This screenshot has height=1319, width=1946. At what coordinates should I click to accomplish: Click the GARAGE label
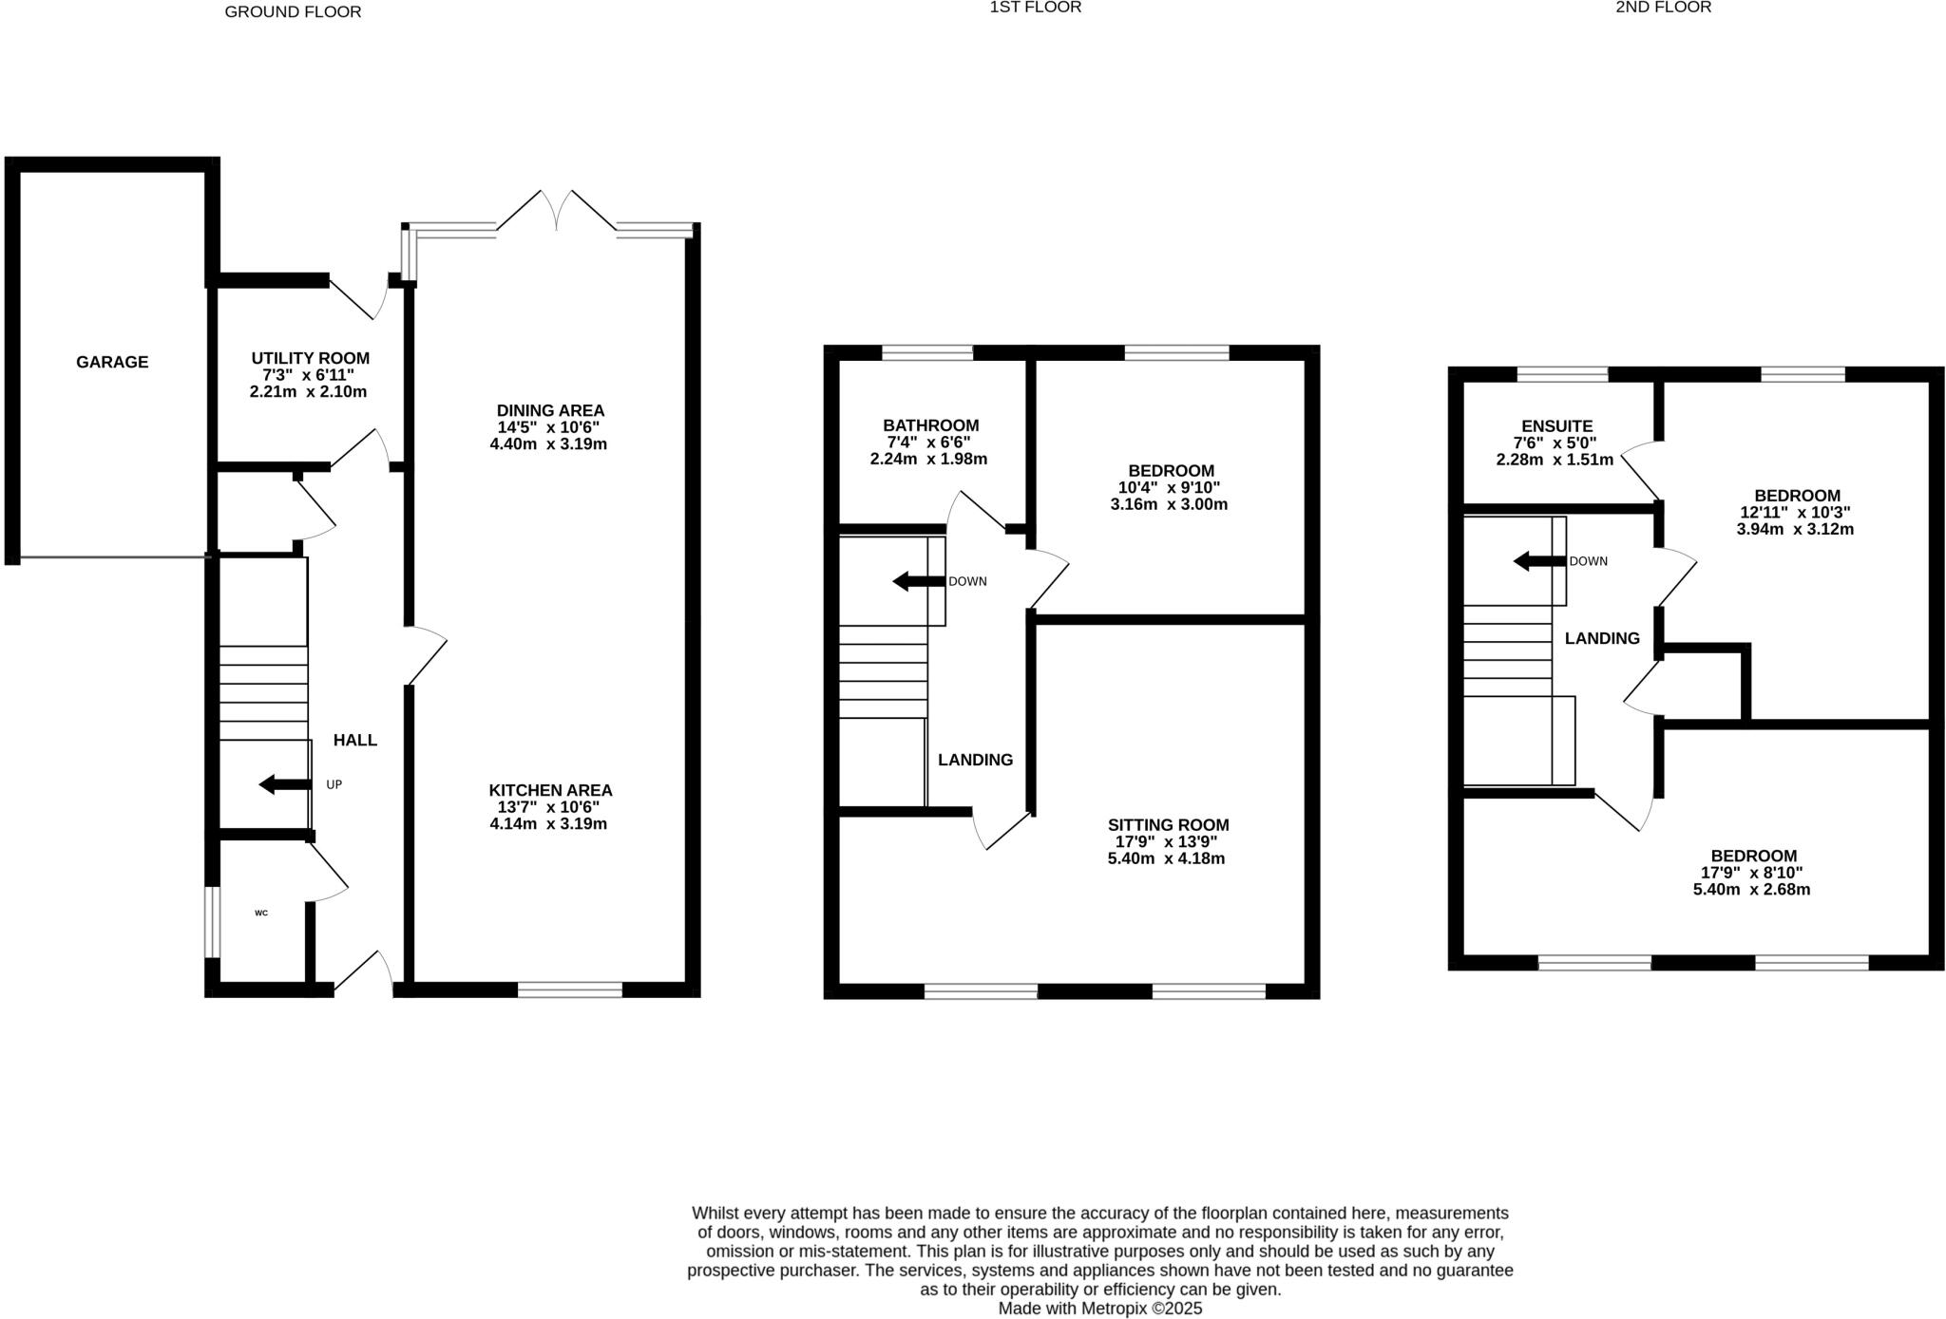coord(112,362)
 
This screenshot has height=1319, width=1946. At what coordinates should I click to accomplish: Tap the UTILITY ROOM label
coord(310,358)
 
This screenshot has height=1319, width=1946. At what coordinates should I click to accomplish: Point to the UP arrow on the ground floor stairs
coord(285,784)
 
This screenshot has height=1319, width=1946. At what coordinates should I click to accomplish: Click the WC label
coord(261,914)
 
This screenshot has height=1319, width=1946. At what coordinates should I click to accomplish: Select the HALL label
coord(354,740)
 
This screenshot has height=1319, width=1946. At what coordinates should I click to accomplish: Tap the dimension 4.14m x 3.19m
coord(548,824)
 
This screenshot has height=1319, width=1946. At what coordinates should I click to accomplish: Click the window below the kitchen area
coord(570,989)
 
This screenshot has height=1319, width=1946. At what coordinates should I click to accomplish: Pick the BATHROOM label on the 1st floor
coord(930,425)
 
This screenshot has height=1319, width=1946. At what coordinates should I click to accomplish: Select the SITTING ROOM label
coord(1168,825)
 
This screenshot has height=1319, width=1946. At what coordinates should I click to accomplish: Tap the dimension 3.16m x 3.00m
coord(1169,504)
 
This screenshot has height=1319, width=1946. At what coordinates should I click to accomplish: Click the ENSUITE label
coord(1556,426)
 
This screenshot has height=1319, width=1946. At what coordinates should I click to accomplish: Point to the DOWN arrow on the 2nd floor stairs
coord(1539,561)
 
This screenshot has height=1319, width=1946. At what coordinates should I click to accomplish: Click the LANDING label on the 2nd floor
coord(1602,638)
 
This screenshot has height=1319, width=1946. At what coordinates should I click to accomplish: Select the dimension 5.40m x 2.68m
coord(1751,890)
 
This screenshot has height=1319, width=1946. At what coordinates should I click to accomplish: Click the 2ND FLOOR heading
coord(1663,8)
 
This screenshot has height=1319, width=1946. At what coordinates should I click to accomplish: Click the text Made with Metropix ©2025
coord(1099,1309)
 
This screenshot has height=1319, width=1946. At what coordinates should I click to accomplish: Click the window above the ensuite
coord(1562,374)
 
